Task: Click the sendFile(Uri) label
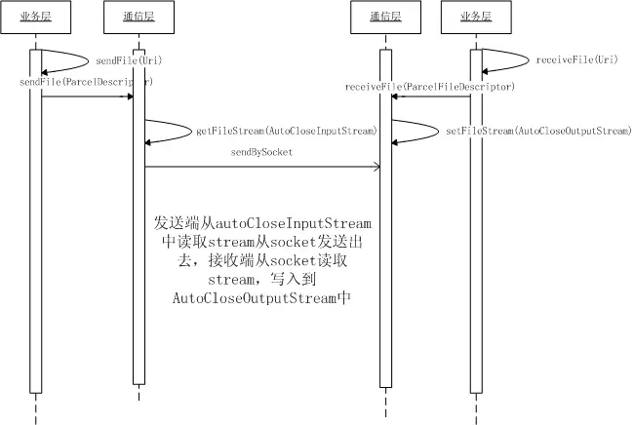[129, 60]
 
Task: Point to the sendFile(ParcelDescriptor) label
[86, 83]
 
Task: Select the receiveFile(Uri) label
[571, 60]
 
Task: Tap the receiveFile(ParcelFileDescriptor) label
[430, 87]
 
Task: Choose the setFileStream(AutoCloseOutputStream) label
[535, 130]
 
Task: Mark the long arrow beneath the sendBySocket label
[261, 167]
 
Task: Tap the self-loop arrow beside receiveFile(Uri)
[507, 59]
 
